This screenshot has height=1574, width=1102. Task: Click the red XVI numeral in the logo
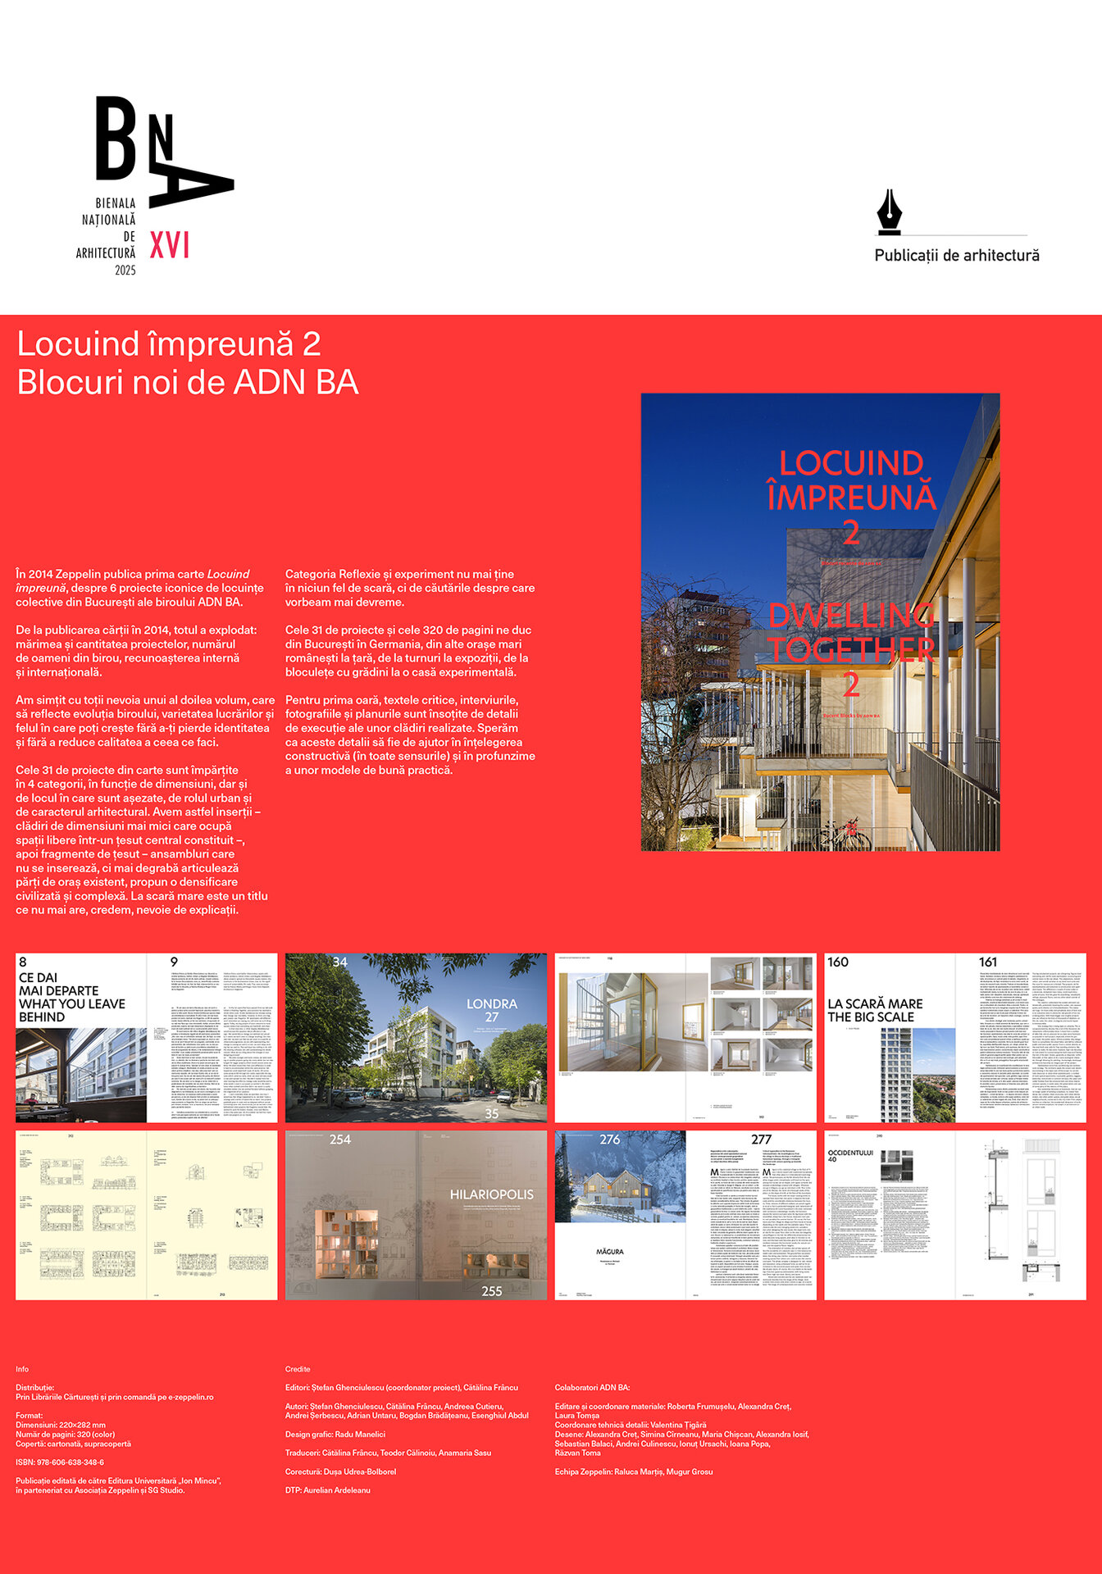[170, 245]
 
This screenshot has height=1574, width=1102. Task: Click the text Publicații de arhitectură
[957, 256]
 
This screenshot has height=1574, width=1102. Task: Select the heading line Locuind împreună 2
[169, 344]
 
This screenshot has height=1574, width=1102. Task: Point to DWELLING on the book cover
[851, 615]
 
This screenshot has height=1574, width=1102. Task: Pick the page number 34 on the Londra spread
[340, 962]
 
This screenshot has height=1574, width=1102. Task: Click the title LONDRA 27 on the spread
[492, 1010]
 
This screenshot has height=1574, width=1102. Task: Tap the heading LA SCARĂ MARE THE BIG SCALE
[875, 1010]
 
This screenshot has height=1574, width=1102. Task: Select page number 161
[988, 962]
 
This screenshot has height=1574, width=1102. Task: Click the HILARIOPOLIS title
[491, 1194]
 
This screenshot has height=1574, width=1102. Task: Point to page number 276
[610, 1140]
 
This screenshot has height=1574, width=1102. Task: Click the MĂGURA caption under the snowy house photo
[610, 1252]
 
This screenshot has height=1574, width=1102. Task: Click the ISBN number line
[60, 1463]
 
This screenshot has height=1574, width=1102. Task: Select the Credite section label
[298, 1369]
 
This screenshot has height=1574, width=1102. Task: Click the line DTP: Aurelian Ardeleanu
[328, 1490]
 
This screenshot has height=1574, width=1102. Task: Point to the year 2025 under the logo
[125, 271]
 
